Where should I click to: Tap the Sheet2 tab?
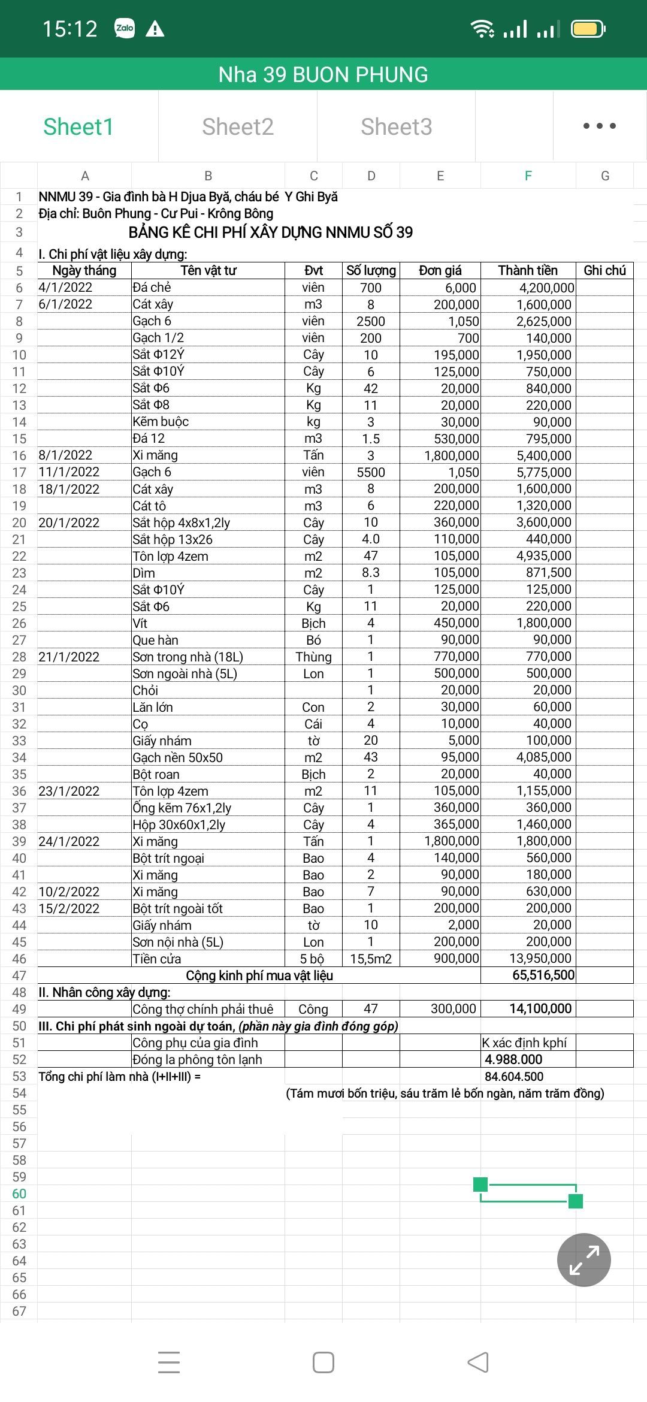point(238,127)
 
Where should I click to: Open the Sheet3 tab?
point(396,127)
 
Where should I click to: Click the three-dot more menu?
point(599,126)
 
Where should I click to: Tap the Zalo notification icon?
point(125,28)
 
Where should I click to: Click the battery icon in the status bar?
point(588,29)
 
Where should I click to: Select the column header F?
point(528,176)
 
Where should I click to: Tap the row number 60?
point(19,1193)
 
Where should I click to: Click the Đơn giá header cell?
point(440,270)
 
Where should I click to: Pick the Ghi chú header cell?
point(604,270)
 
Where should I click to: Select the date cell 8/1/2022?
point(66,455)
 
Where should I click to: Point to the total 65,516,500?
point(543,975)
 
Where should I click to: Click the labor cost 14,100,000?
point(540,1008)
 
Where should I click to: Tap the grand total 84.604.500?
point(514,1076)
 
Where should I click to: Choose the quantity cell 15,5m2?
point(371,959)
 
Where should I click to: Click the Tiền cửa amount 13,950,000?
point(540,959)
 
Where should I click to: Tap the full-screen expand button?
point(583,1259)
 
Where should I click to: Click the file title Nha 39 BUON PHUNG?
point(323,74)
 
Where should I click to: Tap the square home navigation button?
point(323,1362)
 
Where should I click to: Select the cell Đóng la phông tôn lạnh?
point(198,1059)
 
